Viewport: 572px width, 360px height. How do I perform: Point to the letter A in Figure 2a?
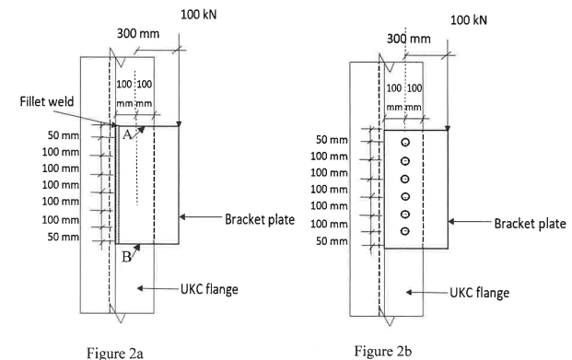[x=126, y=133]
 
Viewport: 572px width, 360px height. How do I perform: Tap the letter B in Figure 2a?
[x=123, y=258]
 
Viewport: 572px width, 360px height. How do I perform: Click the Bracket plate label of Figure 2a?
[x=256, y=219]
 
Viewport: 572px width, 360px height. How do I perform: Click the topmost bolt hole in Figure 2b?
[x=404, y=144]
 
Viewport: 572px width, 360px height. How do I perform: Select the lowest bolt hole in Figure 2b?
[x=404, y=229]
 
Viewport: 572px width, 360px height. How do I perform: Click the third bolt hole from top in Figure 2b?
[x=404, y=178]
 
